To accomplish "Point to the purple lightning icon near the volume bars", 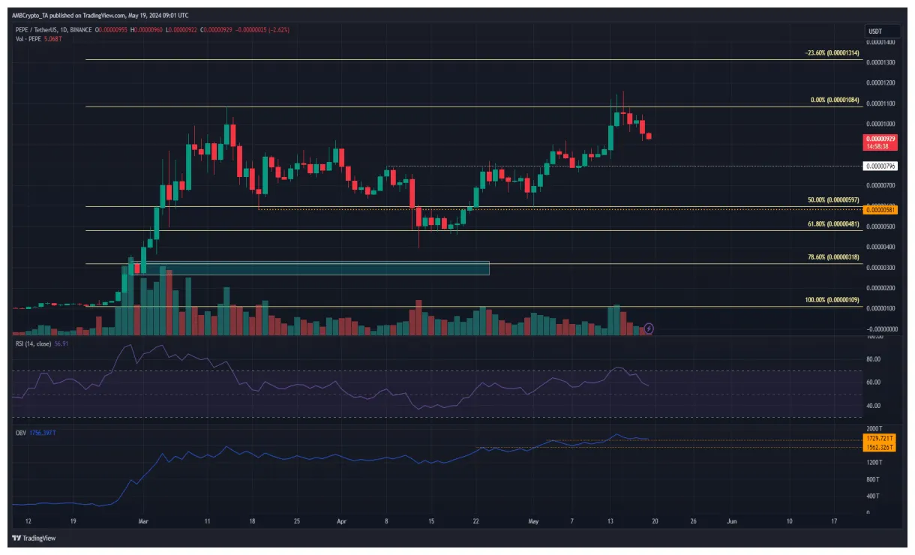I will click(649, 328).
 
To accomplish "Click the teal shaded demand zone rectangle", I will click(310, 268).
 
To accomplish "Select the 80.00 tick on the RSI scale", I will click(874, 359).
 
